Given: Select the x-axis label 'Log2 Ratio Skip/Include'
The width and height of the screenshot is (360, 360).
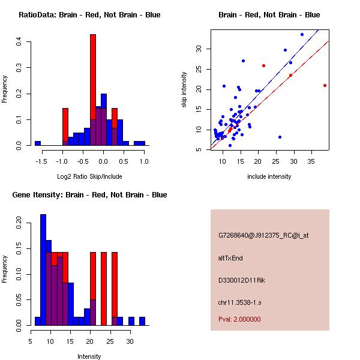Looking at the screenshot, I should coord(89,176).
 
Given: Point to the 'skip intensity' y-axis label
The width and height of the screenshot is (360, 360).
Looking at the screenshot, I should coord(185,90).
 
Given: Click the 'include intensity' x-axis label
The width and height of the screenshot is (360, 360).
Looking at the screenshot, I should coord(269,176).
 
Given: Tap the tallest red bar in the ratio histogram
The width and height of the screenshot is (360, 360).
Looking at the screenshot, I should coord(93,90).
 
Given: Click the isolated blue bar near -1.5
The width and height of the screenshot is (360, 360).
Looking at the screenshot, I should coord(38,143).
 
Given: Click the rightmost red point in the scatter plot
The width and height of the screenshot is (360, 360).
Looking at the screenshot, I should coord(325,85).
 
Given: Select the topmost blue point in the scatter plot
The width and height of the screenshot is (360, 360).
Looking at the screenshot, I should coord(302,34).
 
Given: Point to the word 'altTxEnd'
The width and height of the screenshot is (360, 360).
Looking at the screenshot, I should coord(230,258).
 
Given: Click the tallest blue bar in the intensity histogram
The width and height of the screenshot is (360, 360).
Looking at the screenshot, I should coord(43,270).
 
